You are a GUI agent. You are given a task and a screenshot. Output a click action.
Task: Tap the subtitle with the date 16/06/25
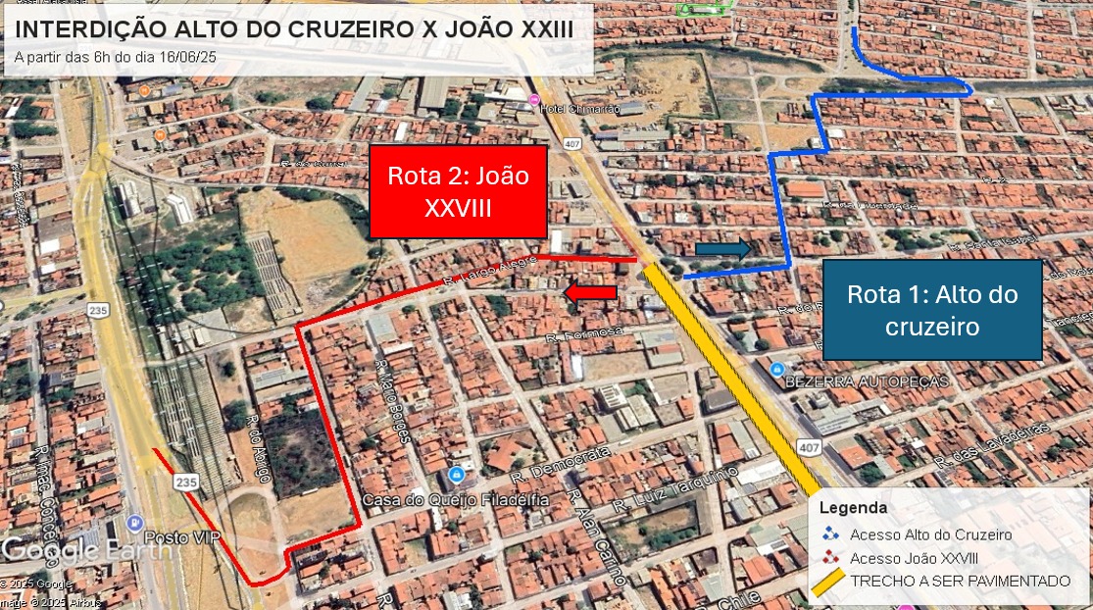tap(116, 57)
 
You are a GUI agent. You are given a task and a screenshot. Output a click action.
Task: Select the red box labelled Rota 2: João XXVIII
tap(458, 192)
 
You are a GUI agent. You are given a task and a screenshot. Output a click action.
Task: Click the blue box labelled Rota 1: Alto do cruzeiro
tap(932, 310)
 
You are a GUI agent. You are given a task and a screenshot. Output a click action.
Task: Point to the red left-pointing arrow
tap(590, 291)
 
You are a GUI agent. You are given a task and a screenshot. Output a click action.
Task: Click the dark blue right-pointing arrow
tap(723, 249)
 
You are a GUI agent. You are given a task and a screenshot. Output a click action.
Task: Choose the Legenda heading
tap(853, 508)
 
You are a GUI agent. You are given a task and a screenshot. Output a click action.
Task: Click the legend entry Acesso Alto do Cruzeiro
tap(930, 534)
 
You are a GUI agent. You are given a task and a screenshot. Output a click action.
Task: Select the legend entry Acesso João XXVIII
tap(914, 558)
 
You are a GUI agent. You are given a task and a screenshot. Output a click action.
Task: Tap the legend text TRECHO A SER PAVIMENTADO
tap(960, 582)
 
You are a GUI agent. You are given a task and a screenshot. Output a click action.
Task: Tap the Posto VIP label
tap(182, 538)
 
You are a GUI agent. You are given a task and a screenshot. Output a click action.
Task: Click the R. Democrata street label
tap(561, 464)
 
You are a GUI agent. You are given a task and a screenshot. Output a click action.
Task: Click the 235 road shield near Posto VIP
tap(186, 483)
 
